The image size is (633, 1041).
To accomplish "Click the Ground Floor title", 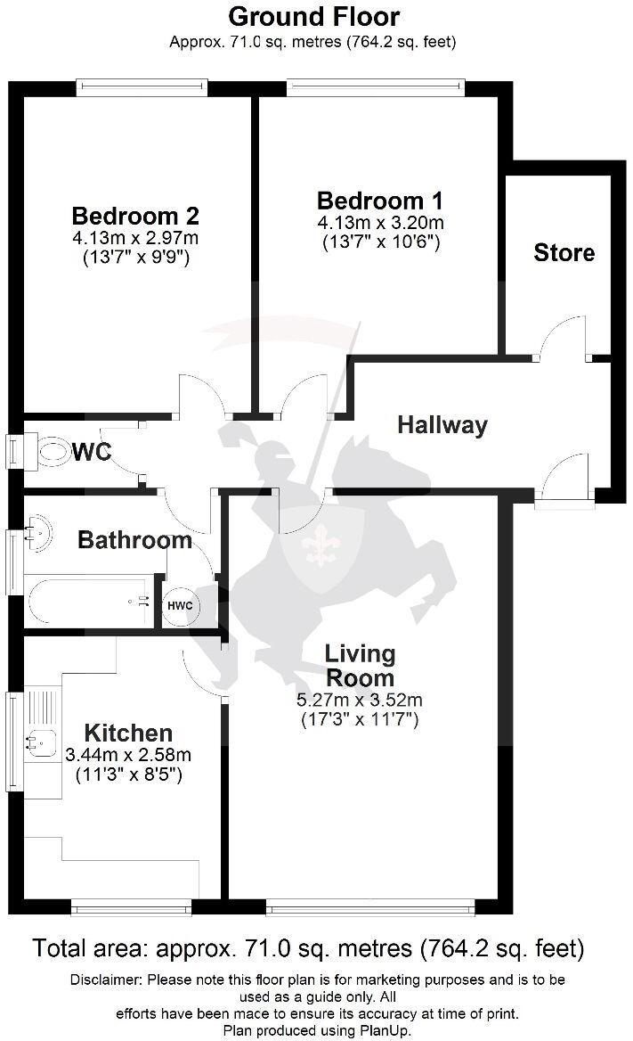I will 314,16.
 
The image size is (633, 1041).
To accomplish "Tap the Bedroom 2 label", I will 135,217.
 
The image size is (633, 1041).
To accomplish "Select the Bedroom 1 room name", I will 380,201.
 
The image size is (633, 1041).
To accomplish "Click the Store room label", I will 564,253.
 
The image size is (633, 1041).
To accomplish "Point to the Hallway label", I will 442,425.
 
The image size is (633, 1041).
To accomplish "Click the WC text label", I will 92,453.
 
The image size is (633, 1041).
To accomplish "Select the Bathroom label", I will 134,539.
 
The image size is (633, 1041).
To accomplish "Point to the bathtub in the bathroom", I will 87,602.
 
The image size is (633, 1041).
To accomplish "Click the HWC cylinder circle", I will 179,606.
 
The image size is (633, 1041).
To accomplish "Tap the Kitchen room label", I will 128,734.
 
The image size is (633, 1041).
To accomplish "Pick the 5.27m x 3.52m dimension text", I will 360,700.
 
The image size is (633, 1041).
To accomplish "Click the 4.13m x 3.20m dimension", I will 380,222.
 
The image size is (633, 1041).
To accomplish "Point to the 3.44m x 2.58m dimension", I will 128,755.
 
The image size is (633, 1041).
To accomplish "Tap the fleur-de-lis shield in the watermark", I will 316,545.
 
